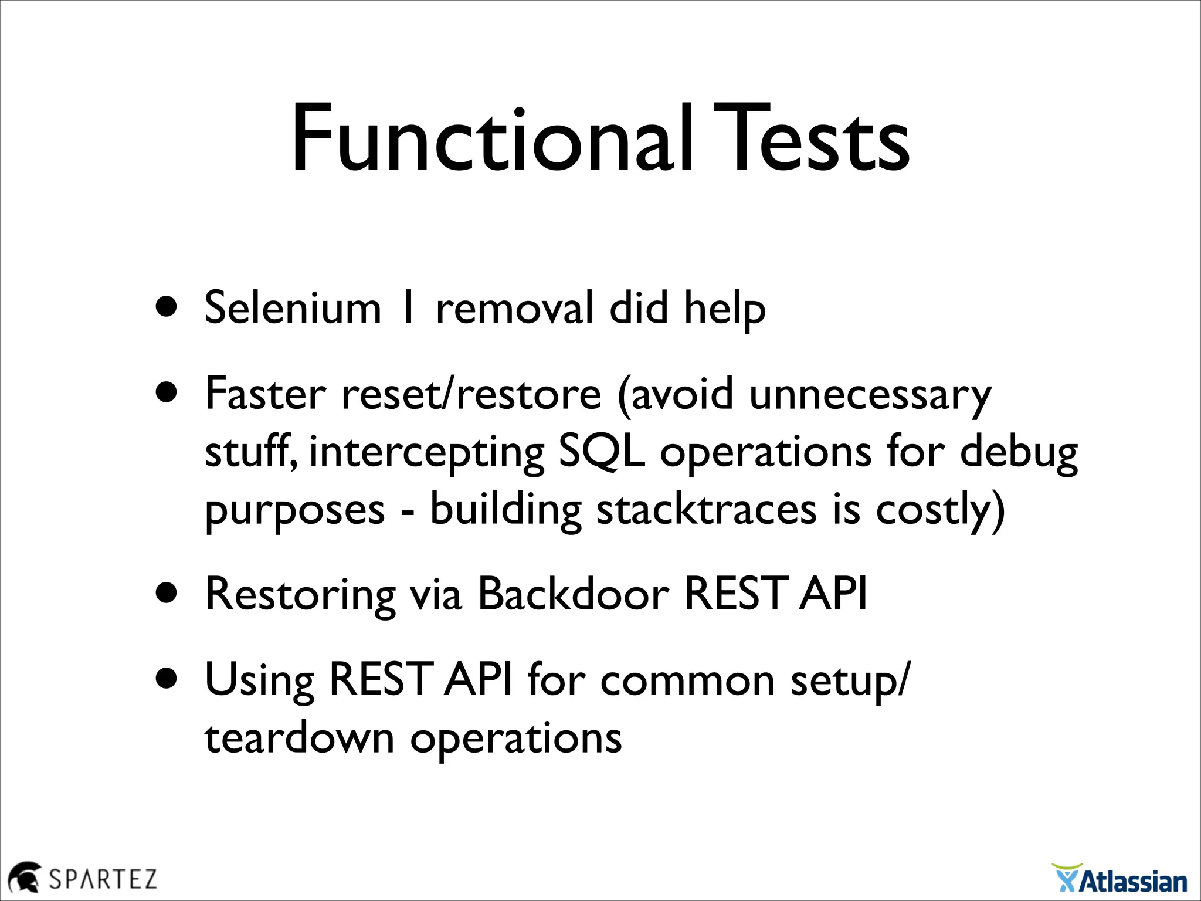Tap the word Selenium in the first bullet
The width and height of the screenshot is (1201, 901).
(293, 308)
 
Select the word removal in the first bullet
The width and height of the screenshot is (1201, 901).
(514, 308)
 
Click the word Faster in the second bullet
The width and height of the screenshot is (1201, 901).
(265, 394)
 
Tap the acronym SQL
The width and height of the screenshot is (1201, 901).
(602, 452)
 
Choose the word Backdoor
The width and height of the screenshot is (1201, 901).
(573, 594)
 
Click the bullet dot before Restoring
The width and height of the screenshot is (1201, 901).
(167, 593)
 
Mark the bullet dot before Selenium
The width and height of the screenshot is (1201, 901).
(167, 307)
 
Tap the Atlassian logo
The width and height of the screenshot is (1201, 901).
(1120, 879)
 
